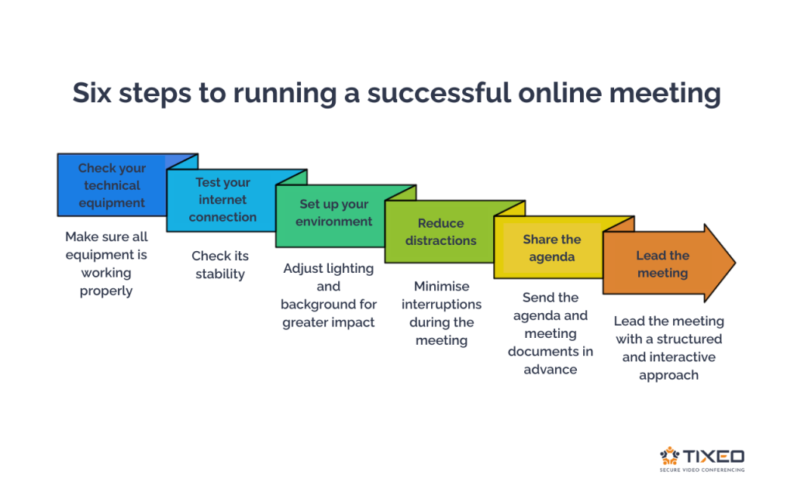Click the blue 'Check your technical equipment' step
(112, 186)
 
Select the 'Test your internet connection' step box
(223, 200)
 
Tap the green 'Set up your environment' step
(334, 213)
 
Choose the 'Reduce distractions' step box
(440, 232)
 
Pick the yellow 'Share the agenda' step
(551, 247)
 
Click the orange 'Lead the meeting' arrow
(662, 264)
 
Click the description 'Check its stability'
(220, 265)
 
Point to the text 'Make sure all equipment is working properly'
(106, 263)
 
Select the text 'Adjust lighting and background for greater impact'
(329, 294)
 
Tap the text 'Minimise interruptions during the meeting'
(441, 313)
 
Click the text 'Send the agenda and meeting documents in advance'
(551, 333)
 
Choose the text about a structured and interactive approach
(668, 348)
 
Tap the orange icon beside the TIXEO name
(669, 456)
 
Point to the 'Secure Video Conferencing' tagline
(701, 470)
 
